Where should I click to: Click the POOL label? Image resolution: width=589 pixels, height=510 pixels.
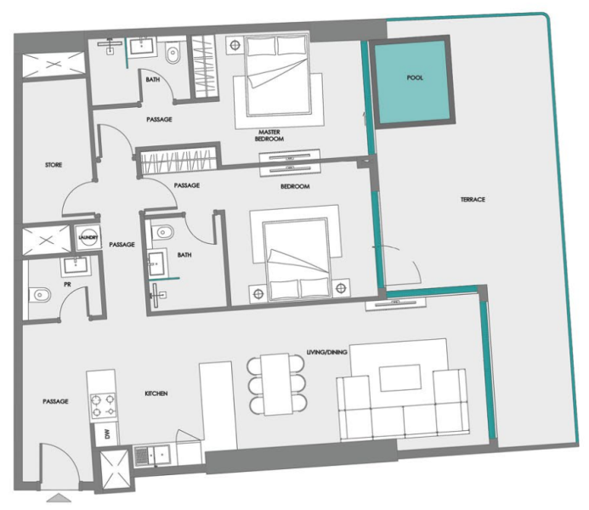pos(415,77)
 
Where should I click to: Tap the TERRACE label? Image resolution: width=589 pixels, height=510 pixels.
pos(473,199)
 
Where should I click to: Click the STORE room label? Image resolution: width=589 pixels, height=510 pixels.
pos(54,165)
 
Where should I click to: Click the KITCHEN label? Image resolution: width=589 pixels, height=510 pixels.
pos(156,394)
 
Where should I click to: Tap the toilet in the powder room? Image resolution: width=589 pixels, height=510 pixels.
pos(40,296)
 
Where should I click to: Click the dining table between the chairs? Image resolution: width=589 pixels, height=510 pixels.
pos(276,384)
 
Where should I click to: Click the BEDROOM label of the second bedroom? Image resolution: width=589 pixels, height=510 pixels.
pos(294,186)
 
